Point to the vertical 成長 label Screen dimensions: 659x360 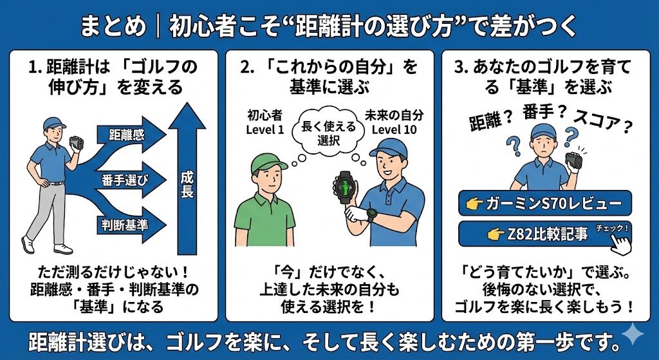pos(187,184)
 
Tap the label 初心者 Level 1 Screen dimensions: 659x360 pos(265,122)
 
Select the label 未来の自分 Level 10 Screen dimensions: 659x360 pos(394,122)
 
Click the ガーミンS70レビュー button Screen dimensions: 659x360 pos(544,203)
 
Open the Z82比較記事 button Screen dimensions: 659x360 pos(544,234)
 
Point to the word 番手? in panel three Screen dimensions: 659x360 pos(544,113)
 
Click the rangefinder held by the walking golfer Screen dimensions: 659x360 pos(77,143)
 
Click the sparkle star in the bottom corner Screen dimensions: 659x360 pos(632,335)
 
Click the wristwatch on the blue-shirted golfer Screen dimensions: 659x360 pos(371,214)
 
